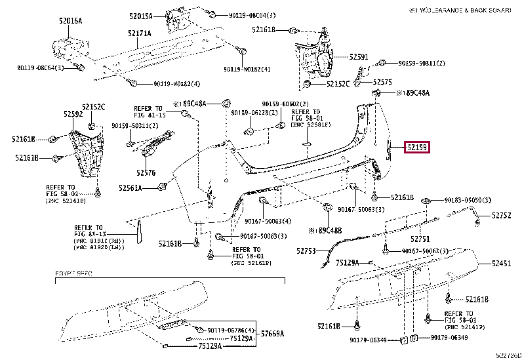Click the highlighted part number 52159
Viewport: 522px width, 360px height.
click(417, 148)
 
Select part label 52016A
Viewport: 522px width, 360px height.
click(70, 21)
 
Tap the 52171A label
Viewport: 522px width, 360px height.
click(139, 33)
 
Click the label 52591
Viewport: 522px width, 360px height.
click(359, 57)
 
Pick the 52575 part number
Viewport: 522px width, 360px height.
click(382, 83)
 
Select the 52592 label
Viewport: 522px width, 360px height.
click(73, 114)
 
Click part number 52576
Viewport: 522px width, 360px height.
click(146, 173)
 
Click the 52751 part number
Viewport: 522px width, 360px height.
click(420, 239)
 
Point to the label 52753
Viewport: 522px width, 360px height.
click(306, 250)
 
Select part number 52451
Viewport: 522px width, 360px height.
click(502, 264)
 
